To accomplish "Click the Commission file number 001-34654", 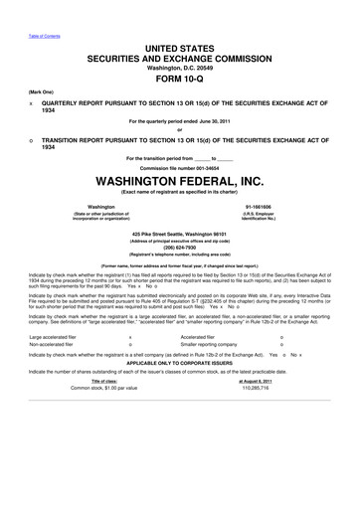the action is [x=179, y=170].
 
